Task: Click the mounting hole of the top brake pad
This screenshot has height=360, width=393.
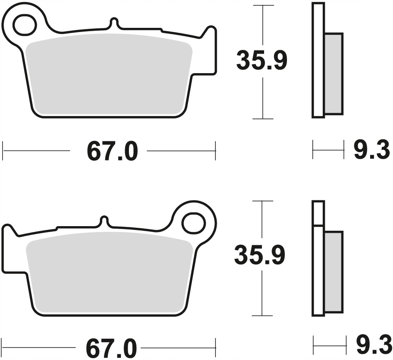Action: coord(24,25)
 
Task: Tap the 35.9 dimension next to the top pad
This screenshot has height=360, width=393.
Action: coord(261,61)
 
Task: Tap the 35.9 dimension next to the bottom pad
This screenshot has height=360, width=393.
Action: coord(260,255)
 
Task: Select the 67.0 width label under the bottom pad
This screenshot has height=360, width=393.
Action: coord(112,348)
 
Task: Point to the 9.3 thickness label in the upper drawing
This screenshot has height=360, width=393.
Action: coord(371,150)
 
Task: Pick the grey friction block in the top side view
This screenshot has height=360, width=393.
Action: coord(333,74)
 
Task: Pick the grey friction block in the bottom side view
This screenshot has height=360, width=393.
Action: coord(333,272)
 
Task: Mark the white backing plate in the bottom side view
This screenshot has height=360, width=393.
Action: coord(318,270)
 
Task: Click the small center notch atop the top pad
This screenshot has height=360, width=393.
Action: coord(113,23)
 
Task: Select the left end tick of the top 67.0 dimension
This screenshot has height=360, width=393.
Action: coord(3,150)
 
